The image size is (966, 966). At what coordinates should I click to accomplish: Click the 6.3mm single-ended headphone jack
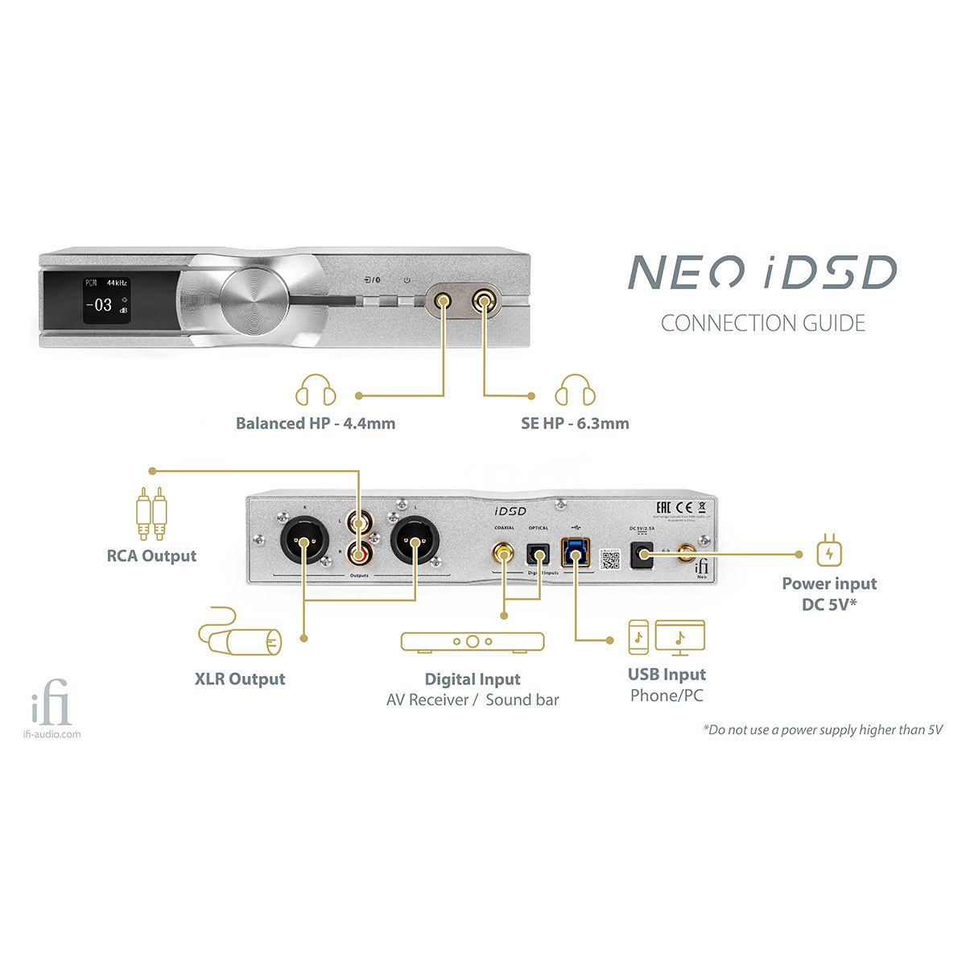pos(485,302)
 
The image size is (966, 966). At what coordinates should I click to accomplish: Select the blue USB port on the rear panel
pos(576,552)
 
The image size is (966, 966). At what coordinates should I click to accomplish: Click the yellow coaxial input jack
pos(504,553)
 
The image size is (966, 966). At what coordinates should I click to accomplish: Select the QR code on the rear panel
pos(609,559)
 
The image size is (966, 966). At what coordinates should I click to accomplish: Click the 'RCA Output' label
pos(151,556)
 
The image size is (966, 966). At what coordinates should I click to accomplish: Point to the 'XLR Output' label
pos(240,679)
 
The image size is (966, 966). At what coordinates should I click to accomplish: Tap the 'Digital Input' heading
pos(473,679)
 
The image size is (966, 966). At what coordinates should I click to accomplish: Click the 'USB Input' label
pos(667,675)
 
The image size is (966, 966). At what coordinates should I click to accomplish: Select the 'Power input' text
pos(829,584)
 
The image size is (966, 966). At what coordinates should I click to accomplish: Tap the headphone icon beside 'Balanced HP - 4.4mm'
pos(315,391)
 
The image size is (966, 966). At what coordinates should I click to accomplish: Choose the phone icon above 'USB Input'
pos(638,638)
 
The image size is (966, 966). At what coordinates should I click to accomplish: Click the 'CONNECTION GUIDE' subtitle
pos(762,324)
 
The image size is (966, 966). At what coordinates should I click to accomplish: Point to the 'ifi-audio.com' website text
pos(52,734)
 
